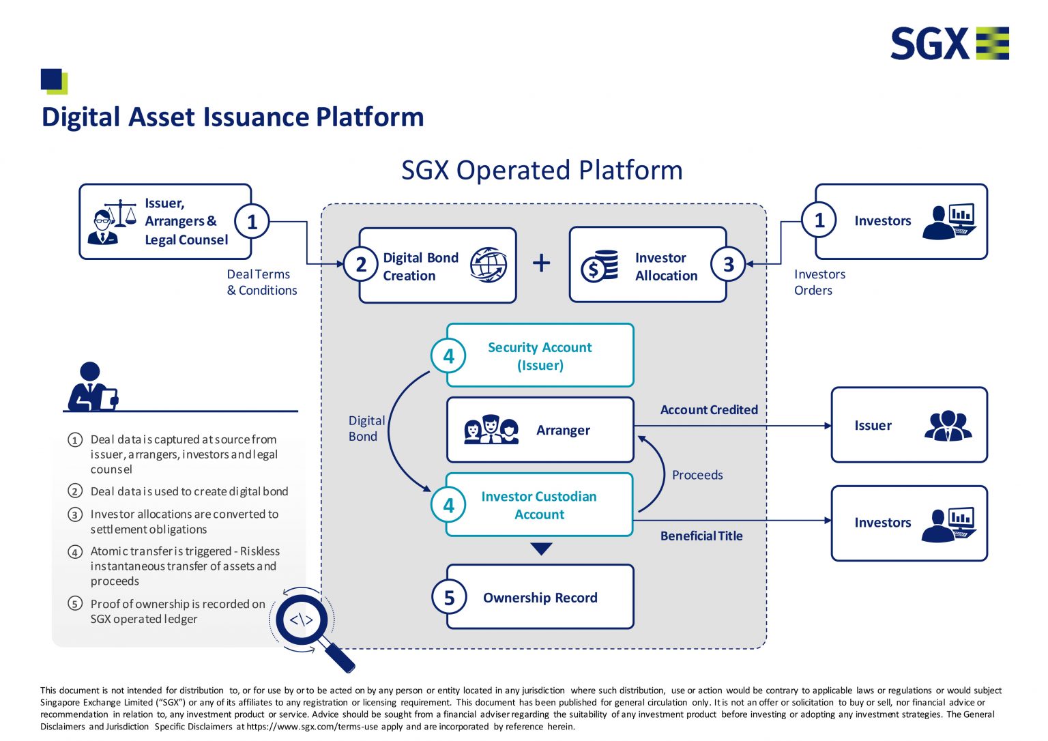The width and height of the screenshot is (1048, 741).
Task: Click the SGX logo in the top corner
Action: point(949,44)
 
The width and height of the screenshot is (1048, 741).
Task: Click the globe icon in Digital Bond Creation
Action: point(489,265)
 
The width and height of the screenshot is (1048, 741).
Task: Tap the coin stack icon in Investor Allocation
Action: point(599,266)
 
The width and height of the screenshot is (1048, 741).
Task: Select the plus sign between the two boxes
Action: point(542,263)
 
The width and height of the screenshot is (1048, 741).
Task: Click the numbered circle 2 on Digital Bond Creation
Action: point(361,265)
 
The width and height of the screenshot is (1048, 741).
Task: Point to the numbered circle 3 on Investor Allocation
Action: point(728,265)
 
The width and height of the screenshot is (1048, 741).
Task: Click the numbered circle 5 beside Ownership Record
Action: point(449,598)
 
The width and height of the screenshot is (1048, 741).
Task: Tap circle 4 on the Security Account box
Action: point(448,356)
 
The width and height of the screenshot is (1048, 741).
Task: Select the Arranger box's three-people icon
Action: point(491,430)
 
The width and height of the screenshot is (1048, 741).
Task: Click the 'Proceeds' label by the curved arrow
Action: point(697,475)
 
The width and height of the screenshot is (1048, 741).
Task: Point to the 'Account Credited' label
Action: point(709,410)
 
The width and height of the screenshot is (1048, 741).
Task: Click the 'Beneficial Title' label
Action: point(701,536)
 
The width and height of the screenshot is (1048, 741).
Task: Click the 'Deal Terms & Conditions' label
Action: point(261,282)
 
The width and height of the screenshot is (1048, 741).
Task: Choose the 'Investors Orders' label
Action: point(819,282)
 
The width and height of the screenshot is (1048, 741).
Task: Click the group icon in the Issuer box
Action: point(948,426)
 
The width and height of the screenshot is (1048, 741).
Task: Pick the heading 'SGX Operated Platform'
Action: point(542,171)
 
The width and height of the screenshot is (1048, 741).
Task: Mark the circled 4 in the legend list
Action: point(75,552)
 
